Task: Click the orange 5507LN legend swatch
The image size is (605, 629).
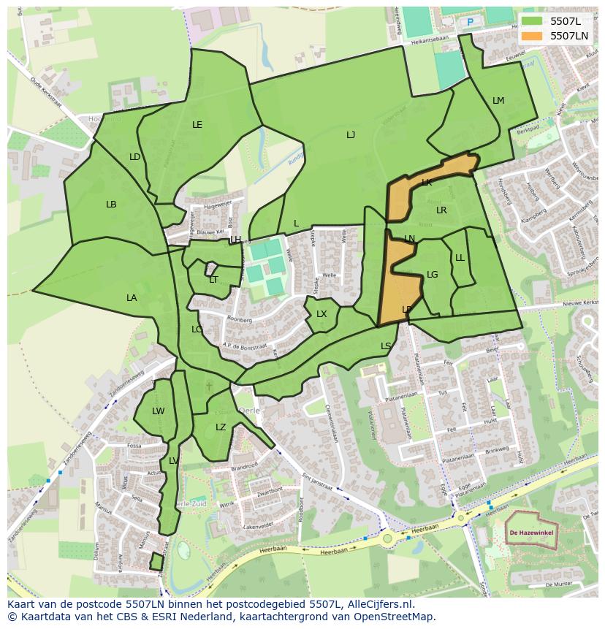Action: point(533,36)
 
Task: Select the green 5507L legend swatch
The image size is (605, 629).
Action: point(533,21)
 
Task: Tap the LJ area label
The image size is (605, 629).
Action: point(351,135)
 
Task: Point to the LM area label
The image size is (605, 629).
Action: point(498,101)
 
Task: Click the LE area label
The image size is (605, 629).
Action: point(197,125)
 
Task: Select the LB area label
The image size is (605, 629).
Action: point(111,205)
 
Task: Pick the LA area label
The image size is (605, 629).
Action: point(132,298)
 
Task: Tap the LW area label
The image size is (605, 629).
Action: point(159,411)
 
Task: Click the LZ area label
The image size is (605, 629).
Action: point(221,427)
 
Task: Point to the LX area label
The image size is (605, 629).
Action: point(321,314)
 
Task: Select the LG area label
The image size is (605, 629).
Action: point(433,275)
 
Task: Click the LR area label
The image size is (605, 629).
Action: point(441,210)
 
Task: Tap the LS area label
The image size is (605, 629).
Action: point(386,346)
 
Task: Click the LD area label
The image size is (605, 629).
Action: point(135,157)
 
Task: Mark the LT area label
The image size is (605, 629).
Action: point(213,280)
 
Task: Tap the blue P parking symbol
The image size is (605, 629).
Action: point(471,22)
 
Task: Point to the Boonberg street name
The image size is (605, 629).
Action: point(240,320)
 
